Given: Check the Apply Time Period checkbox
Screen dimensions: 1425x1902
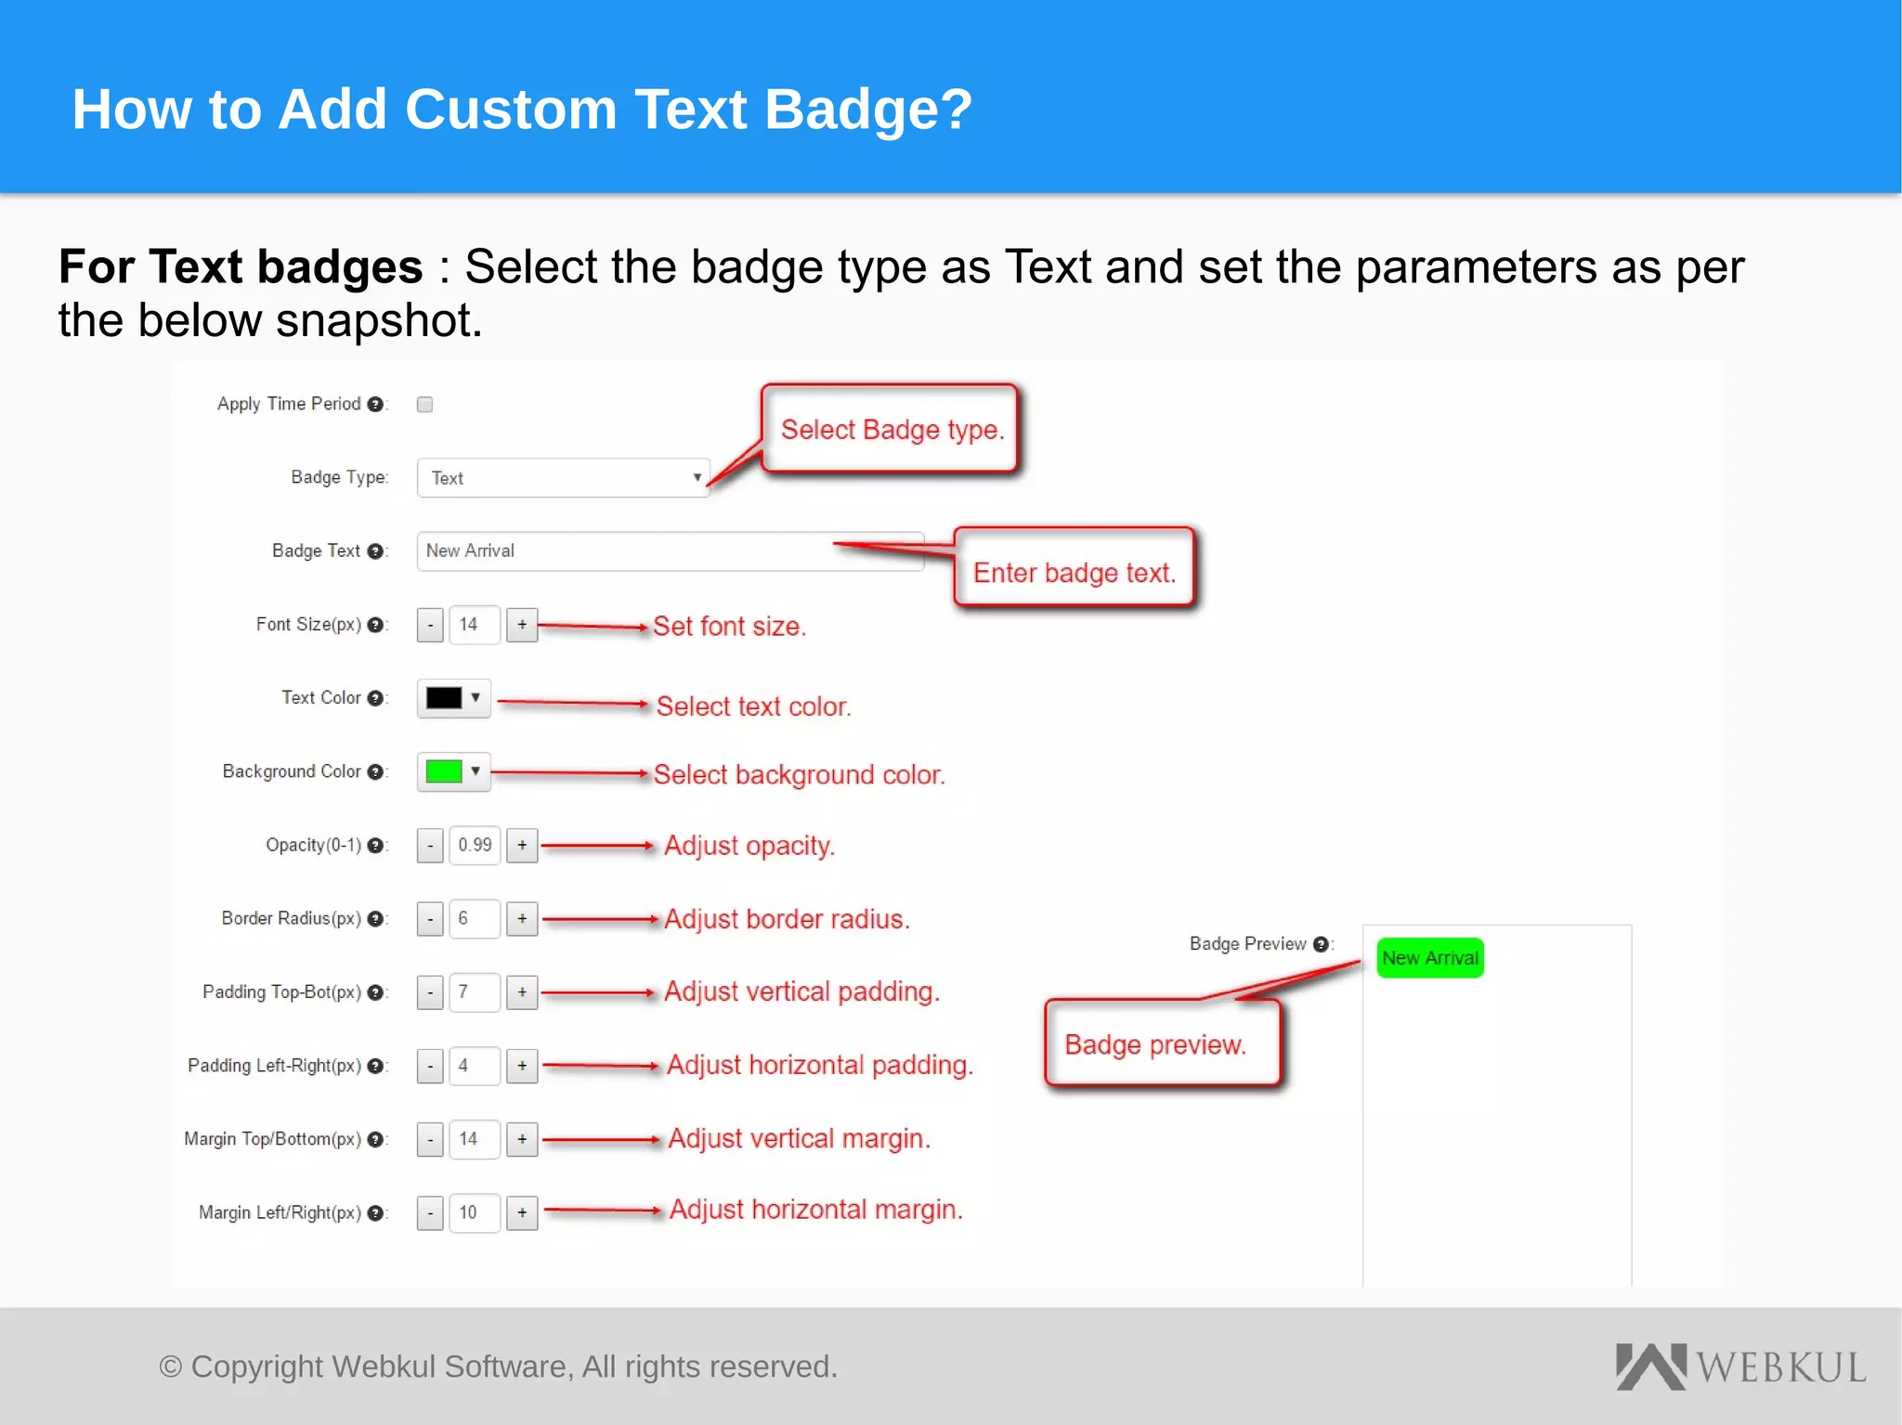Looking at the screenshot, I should point(424,404).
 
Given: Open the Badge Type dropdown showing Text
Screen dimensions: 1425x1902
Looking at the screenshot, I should point(563,478).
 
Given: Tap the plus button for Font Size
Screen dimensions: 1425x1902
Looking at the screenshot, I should point(522,625).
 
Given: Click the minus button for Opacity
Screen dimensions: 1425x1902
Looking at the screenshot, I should point(430,845).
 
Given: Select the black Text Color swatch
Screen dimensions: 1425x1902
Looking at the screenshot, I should point(444,698).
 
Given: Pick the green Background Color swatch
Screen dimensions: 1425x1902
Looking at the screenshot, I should point(444,771).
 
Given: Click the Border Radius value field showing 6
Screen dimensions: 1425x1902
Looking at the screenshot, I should point(474,918).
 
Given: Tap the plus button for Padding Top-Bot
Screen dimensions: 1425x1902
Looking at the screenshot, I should point(522,992).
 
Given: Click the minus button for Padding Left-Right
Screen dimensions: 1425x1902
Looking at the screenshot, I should point(430,1066).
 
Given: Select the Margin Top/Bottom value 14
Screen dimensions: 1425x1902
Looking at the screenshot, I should point(474,1139).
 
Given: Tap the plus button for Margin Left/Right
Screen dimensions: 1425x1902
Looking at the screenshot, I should point(522,1212).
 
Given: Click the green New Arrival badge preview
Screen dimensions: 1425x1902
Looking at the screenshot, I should point(1429,958).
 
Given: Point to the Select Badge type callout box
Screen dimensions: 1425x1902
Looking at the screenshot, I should point(891,429).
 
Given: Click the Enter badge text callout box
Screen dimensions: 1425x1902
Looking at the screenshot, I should point(1074,568).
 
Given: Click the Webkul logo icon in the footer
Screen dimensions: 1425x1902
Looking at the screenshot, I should point(1650,1367).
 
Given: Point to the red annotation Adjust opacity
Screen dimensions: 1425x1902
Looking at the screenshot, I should point(749,846).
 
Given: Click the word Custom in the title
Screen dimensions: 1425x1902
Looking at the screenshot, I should point(511,110).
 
